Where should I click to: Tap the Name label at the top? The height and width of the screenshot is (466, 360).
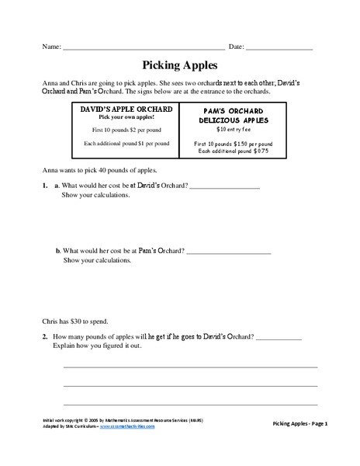pyautogui.click(x=51, y=47)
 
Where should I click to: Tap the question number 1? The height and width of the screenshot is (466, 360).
pyautogui.click(x=45, y=186)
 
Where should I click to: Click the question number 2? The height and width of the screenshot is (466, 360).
pyautogui.click(x=45, y=337)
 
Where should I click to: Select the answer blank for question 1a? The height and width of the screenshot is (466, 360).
pyautogui.click(x=224, y=187)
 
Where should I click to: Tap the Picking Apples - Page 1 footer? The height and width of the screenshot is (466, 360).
pyautogui.click(x=301, y=424)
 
